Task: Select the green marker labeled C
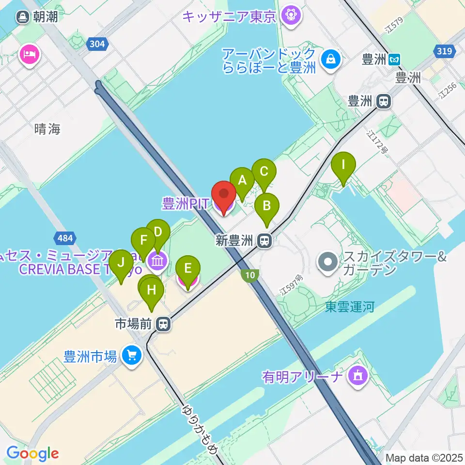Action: coord(264,171)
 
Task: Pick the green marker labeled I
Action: coord(343,165)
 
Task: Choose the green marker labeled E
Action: coord(188,268)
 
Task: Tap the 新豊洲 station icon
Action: coord(264,240)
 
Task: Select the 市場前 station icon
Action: coord(164,324)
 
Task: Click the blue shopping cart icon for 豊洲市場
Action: coord(131,356)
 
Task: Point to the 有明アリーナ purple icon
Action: coord(358,375)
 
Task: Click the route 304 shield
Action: coord(97,44)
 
